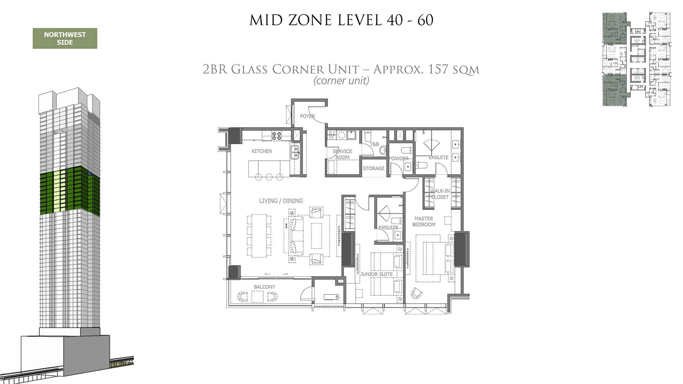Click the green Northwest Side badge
[65, 38]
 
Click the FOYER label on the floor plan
[307, 116]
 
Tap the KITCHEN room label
[262, 151]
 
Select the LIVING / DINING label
[281, 201]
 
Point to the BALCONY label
[264, 287]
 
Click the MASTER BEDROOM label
[424, 222]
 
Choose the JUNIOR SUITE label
[376, 274]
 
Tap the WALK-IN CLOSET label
[440, 194]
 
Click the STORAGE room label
[374, 168]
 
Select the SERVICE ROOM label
[342, 154]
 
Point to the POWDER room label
[398, 159]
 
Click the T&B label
[375, 144]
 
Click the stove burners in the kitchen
[277, 135]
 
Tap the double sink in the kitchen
[295, 152]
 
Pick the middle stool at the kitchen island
[269, 177]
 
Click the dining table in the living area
[259, 235]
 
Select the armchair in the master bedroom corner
[416, 293]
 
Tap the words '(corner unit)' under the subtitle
[341, 81]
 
